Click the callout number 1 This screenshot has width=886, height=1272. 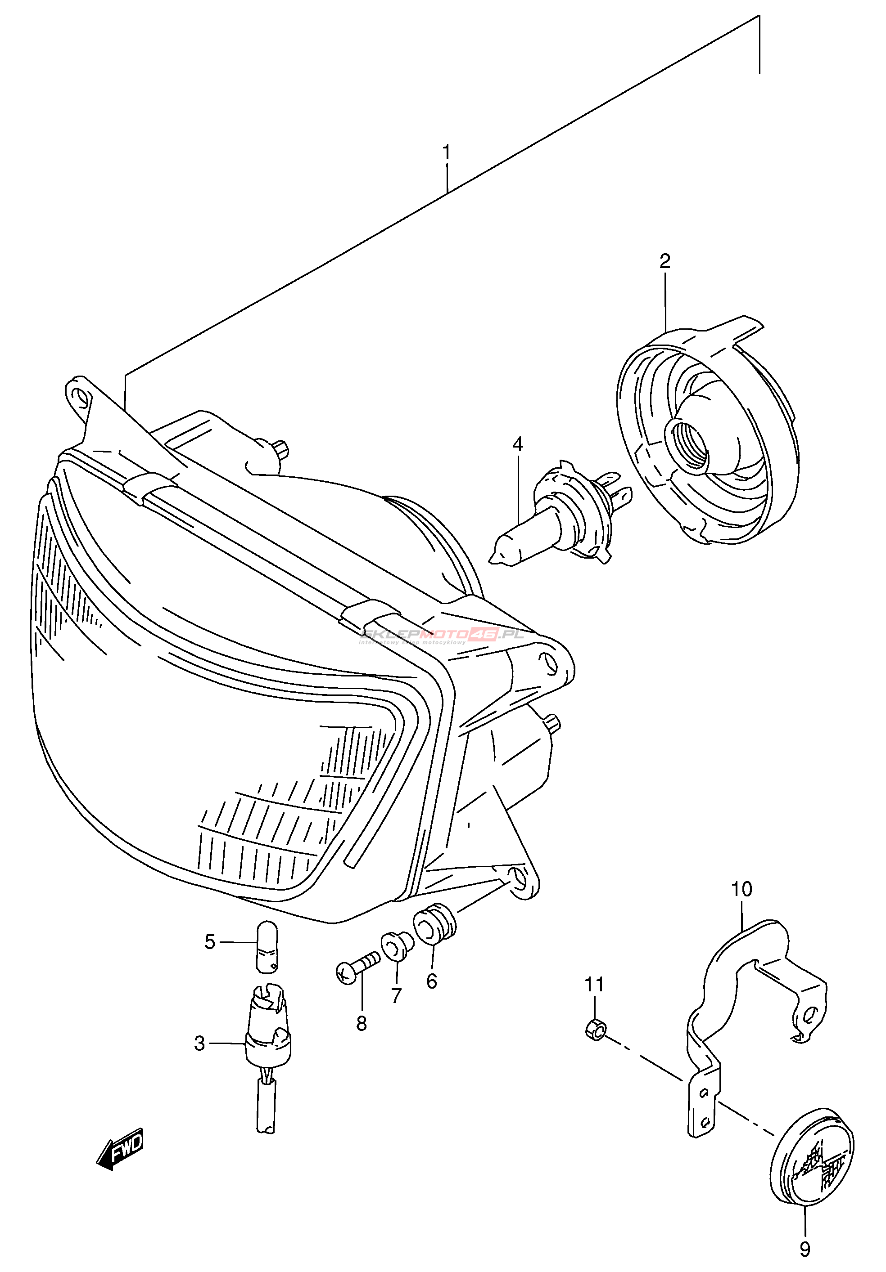tap(446, 152)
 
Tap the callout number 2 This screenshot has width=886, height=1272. tap(665, 261)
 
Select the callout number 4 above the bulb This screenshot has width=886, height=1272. tap(517, 444)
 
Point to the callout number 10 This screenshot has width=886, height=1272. tap(741, 889)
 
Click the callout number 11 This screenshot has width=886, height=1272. tap(594, 985)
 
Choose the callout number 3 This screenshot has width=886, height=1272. tap(199, 1044)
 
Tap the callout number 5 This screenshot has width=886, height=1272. tap(210, 942)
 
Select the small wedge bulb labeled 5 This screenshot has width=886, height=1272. tap(267, 946)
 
